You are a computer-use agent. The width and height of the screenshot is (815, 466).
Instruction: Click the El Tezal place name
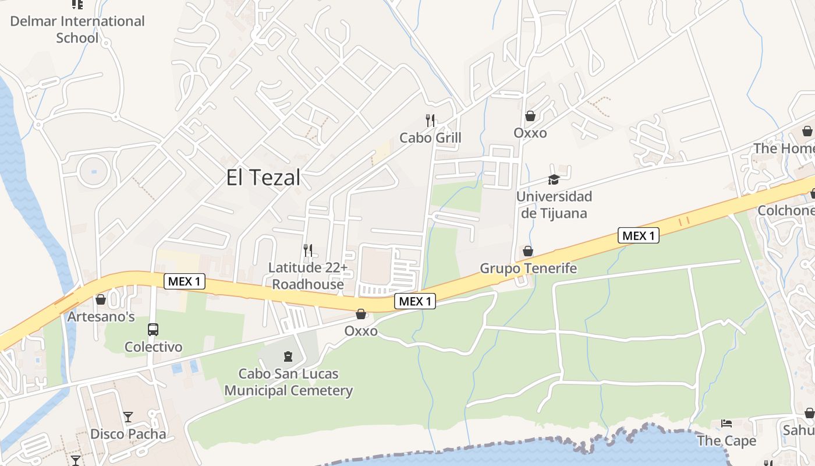263,178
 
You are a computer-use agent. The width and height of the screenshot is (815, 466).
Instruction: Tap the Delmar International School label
77,30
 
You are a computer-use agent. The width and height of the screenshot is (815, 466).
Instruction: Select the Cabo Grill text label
430,137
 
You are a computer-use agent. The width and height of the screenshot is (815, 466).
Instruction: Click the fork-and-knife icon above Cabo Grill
430,121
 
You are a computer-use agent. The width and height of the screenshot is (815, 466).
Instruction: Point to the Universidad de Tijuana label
554,205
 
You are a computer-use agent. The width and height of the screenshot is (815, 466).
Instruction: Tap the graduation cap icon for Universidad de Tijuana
554,179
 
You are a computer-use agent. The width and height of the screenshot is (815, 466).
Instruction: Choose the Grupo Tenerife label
528,268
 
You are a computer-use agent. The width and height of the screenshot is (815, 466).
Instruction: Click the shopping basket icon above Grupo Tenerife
528,251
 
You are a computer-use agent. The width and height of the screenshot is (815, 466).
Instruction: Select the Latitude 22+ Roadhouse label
308,276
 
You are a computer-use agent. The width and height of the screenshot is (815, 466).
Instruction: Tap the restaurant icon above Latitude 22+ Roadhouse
308,250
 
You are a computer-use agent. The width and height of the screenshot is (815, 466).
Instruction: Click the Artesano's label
101,317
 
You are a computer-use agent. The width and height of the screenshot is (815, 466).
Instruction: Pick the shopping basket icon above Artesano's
101,299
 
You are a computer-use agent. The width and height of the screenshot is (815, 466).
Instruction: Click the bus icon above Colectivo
153,330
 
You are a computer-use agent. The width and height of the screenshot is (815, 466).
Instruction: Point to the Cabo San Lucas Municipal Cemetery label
289,382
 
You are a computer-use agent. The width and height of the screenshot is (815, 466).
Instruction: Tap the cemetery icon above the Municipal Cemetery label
288,356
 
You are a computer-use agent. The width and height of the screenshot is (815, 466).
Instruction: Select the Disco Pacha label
128,434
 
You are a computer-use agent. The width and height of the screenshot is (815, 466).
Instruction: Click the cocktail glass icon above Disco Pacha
128,417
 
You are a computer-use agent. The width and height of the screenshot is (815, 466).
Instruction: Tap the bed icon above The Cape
727,423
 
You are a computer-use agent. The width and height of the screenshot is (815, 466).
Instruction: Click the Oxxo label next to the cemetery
361,331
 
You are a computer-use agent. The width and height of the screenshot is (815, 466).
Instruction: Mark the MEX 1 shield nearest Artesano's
184,281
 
